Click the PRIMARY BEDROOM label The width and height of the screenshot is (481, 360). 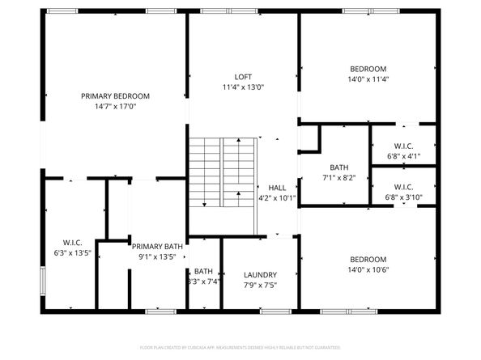coord(115,95)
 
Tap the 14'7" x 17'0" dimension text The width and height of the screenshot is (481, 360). coord(115,106)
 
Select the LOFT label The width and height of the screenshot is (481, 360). coord(243,77)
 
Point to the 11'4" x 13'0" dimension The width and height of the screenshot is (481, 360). coord(243,87)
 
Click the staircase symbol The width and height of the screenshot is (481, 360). coord(223,172)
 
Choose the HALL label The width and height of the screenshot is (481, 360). coord(277,187)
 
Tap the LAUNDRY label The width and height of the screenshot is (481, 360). coord(260,274)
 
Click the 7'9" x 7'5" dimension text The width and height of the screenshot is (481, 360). coord(260,285)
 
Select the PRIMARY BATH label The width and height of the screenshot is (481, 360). coord(157,247)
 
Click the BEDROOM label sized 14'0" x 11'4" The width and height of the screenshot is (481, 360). coord(368,69)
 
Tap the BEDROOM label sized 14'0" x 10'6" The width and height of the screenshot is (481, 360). coord(368,259)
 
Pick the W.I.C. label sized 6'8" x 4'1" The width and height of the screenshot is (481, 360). coord(404,146)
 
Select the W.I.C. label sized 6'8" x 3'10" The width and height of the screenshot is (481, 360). coord(404,187)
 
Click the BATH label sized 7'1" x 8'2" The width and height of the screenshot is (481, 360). coord(334,167)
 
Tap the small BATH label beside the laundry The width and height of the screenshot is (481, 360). coord(203,271)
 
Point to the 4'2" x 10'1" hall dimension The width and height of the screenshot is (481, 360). coord(277,197)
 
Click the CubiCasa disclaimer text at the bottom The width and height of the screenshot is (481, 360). coord(240,347)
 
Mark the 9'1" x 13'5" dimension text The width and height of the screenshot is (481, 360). coord(157,257)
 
